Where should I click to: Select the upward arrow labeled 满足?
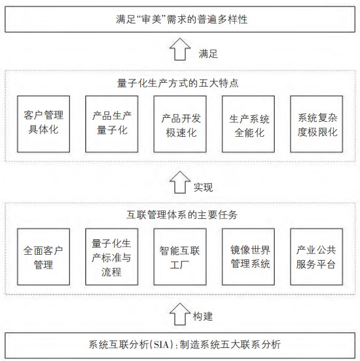pos(180,50)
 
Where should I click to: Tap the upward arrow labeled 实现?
pos(180,182)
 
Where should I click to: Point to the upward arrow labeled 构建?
pos(180,314)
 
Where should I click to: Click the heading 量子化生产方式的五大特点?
pos(177,83)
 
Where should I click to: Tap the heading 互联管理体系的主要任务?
pos(182,215)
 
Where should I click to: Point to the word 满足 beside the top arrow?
pos(208,54)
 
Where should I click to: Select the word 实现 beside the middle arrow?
pos(203,188)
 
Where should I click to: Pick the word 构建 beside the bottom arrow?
pos(203,317)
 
